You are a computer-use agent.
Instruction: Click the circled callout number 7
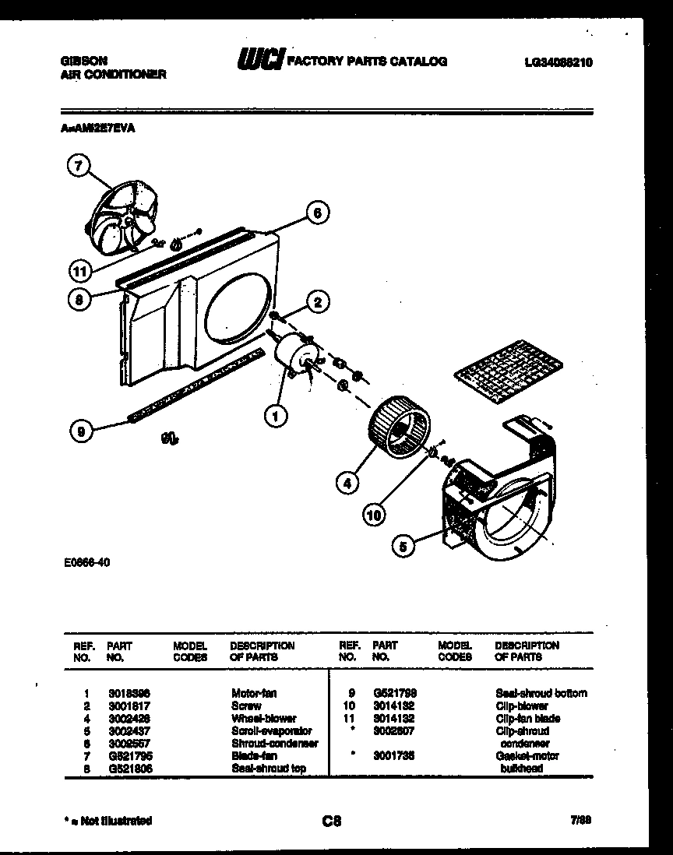[79, 165]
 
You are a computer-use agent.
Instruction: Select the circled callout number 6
[317, 213]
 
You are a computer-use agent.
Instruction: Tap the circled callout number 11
[79, 272]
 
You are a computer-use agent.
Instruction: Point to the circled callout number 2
[318, 301]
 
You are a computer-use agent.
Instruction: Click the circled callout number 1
[275, 418]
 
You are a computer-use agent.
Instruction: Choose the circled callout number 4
[348, 483]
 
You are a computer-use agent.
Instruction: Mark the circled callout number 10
[375, 513]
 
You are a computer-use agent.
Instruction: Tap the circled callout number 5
[403, 547]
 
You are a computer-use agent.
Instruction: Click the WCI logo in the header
[259, 61]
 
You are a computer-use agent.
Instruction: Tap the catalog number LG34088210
[558, 62]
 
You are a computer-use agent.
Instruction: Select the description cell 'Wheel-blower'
[263, 718]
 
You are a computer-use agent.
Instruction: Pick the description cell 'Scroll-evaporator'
[271, 730]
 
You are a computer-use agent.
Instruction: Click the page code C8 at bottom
[331, 820]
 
